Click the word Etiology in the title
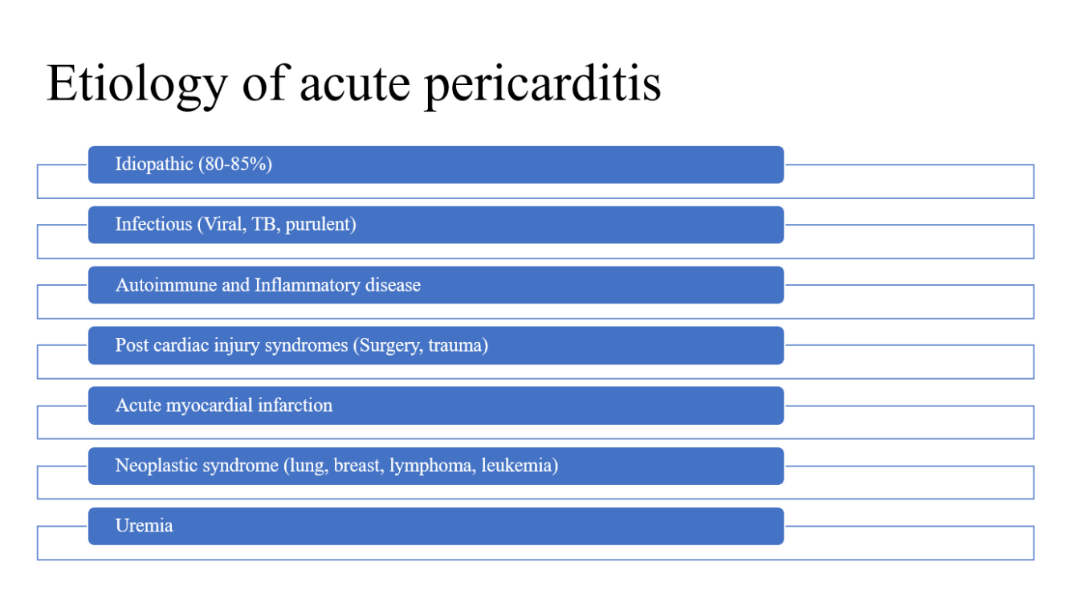click(x=137, y=84)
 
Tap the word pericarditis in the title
click(x=543, y=84)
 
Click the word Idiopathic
click(x=154, y=165)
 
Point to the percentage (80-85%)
click(x=235, y=165)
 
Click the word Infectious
click(x=153, y=224)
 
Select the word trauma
click(x=459, y=345)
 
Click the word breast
click(x=358, y=466)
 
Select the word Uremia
click(x=144, y=526)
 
